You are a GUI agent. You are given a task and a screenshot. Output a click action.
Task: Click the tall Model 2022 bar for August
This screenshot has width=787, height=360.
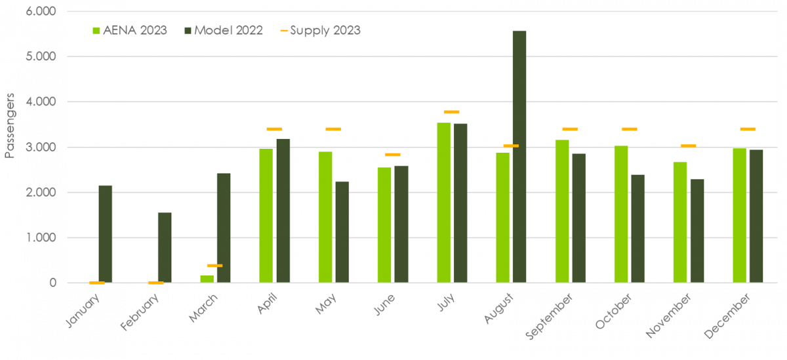(519, 157)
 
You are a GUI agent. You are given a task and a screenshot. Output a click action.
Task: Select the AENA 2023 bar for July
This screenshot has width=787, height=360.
(443, 203)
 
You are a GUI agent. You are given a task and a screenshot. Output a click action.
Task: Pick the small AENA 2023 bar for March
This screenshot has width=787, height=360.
(207, 279)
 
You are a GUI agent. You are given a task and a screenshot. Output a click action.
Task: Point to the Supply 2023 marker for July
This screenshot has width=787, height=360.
(451, 112)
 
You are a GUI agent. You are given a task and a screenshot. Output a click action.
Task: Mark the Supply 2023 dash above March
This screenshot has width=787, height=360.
(214, 266)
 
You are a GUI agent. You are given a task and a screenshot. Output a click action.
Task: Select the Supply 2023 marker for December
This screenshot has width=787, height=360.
(747, 129)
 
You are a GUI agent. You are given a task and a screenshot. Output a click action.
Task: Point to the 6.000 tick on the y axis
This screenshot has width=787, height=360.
(42, 12)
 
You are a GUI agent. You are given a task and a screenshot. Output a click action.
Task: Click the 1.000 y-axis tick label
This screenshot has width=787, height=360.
(42, 238)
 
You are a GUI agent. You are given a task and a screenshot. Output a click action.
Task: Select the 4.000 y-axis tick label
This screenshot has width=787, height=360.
(42, 102)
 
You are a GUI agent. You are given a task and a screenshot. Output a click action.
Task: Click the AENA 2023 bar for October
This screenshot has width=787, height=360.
(620, 214)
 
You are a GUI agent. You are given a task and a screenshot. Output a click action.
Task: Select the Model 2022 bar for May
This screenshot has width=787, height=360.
(342, 232)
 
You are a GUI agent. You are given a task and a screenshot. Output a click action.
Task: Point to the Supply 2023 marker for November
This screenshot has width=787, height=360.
(688, 146)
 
